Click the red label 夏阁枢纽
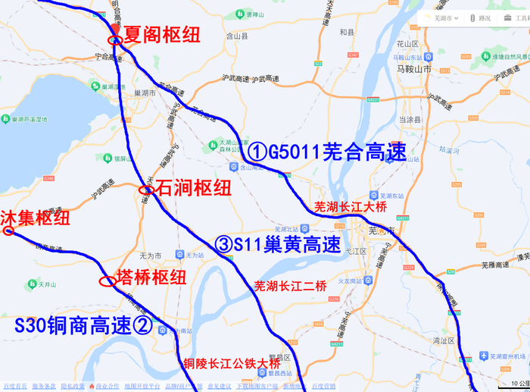(162, 34)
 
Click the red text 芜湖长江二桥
(290, 286)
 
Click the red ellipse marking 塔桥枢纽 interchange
(108, 281)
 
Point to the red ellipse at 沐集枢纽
(8, 230)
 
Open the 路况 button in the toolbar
(480, 18)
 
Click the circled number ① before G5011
(258, 152)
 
